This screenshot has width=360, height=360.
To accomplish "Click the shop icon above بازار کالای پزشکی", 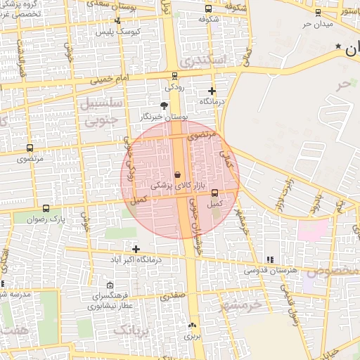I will (177, 174).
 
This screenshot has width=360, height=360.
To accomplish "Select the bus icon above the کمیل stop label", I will (214, 193).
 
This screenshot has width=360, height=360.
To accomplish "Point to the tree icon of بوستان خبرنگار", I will (164, 105).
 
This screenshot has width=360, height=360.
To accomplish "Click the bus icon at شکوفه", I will (208, 9).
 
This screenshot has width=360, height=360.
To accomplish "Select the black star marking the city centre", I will (339, 46).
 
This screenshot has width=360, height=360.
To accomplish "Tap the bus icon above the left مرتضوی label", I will (30, 148).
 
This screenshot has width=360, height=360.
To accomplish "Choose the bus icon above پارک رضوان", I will (46, 208).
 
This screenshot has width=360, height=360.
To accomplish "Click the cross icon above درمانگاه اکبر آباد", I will (136, 249).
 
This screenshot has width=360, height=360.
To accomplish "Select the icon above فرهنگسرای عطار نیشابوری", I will (110, 285).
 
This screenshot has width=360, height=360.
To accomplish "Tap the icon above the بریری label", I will (193, 325).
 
